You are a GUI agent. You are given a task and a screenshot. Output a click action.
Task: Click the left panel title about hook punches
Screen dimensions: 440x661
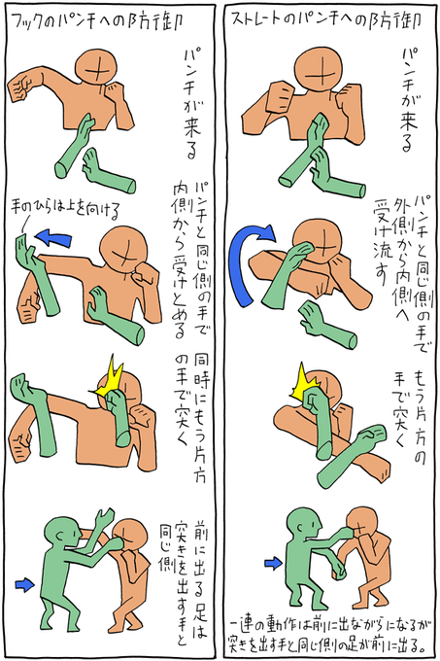(x=97, y=21)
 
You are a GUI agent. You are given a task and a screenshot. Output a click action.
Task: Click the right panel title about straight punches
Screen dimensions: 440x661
(x=326, y=20)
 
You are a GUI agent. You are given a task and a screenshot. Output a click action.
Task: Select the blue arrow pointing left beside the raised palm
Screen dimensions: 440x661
(x=53, y=238)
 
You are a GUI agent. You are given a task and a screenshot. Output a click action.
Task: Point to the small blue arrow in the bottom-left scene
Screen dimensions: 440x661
(x=25, y=584)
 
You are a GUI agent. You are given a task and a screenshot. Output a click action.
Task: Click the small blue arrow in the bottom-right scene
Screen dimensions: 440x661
(x=274, y=563)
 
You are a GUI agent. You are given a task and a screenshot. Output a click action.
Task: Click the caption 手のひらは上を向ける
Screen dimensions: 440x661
(x=66, y=208)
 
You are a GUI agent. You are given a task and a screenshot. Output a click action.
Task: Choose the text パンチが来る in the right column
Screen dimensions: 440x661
(x=407, y=99)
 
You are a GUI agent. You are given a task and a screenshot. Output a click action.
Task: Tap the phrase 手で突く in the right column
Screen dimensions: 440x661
(x=400, y=408)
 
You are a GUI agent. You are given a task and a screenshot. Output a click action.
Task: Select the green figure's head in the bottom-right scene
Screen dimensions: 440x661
(x=302, y=526)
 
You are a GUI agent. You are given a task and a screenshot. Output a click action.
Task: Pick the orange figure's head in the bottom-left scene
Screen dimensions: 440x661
(x=130, y=537)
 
